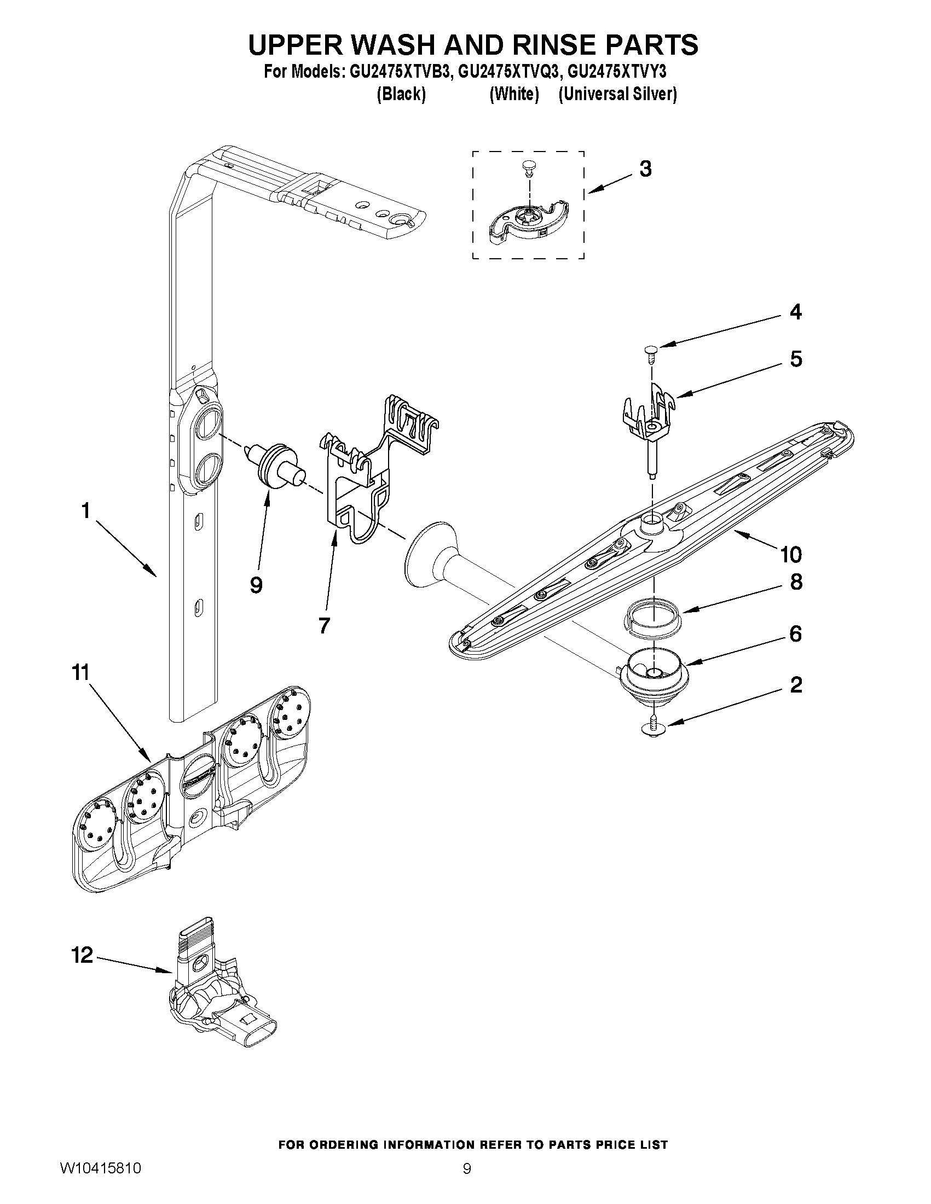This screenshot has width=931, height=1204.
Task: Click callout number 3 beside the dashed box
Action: tap(645, 169)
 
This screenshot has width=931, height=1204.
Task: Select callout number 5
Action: tap(795, 359)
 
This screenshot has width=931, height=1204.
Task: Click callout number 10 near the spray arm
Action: tap(790, 554)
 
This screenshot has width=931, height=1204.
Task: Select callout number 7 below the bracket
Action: tap(324, 625)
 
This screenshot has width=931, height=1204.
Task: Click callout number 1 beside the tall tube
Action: tap(85, 511)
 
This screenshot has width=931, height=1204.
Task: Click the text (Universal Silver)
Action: tap(617, 94)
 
